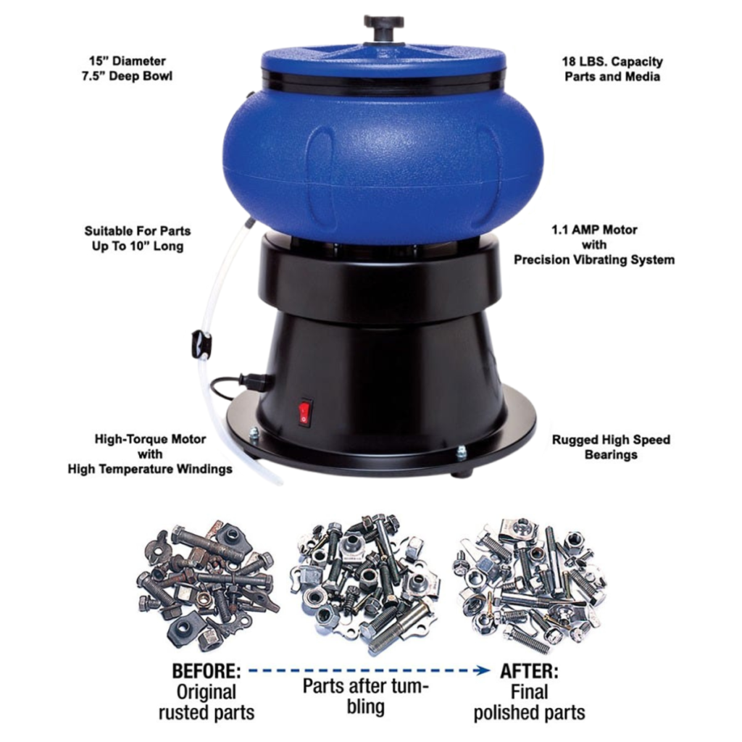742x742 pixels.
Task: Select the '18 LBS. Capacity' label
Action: pos(612,62)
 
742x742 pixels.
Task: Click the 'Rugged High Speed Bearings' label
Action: pos(611,447)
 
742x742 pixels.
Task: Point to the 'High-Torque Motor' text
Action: pos(150,439)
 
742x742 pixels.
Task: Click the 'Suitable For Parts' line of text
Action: pos(138,231)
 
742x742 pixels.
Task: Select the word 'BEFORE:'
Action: pos(206,670)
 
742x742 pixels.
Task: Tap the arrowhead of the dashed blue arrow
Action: pos(484,671)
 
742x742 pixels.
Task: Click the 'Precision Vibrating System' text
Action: pos(594,259)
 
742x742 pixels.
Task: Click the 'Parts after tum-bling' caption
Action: pos(366,696)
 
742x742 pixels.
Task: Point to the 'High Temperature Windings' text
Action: pos(150,469)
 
